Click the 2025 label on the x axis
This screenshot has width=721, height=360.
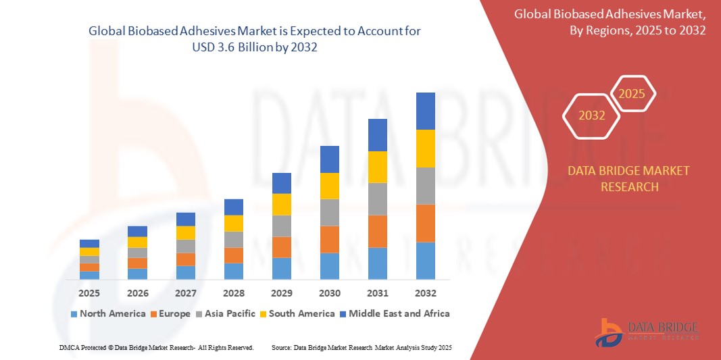click(x=89, y=293)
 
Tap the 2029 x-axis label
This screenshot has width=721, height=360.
click(x=282, y=293)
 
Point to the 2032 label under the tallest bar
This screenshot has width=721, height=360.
click(x=426, y=293)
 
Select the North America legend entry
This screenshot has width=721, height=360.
click(x=107, y=313)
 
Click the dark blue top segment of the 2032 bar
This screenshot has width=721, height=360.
click(x=426, y=111)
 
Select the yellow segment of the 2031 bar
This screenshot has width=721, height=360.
click(x=378, y=167)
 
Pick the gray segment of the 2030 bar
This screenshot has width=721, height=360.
click(x=330, y=212)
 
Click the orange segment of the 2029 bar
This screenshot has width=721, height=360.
click(x=282, y=247)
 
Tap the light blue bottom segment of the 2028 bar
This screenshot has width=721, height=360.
click(x=234, y=271)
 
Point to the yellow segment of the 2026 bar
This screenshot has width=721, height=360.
click(x=137, y=242)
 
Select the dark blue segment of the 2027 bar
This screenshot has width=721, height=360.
click(x=186, y=219)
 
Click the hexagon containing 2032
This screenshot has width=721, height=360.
click(x=592, y=115)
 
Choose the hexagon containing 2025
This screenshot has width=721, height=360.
click(x=632, y=94)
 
